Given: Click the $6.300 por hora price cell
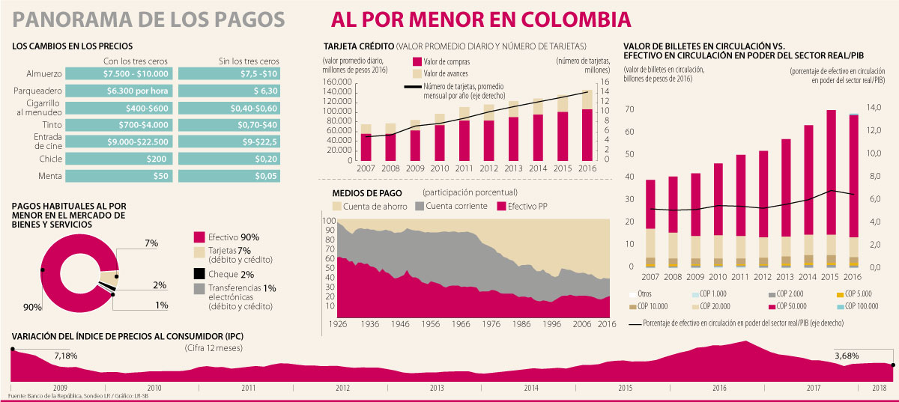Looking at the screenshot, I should [121, 91].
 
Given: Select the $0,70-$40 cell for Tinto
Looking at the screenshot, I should [230, 124].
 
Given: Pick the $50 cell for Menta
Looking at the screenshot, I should [121, 176].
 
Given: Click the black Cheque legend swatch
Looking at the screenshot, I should [199, 274].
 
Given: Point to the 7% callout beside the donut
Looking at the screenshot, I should [151, 243].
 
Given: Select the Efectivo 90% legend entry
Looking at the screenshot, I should [233, 237].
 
